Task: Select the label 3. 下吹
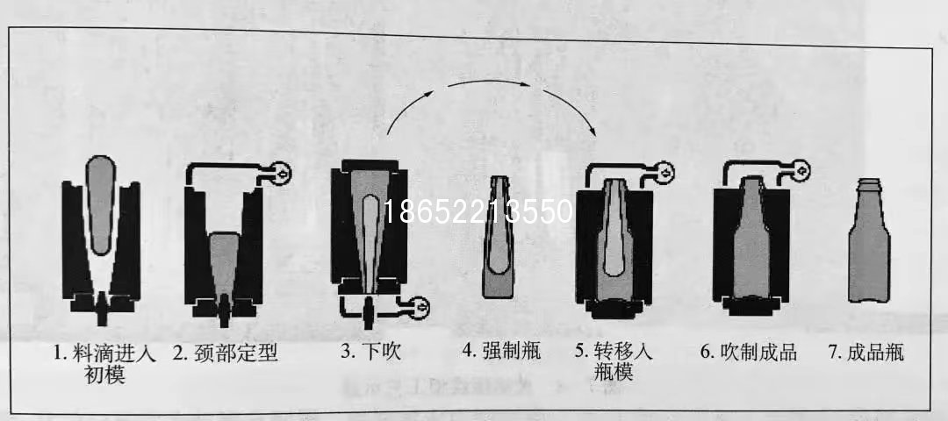[x=370, y=352]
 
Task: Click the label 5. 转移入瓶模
[x=614, y=361]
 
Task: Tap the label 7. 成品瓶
[x=866, y=353]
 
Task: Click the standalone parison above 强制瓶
[x=498, y=237]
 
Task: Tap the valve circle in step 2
[x=280, y=174]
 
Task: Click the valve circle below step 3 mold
[x=419, y=308]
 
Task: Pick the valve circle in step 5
[x=664, y=174]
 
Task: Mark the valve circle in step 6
[x=800, y=171]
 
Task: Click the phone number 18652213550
[x=478, y=211]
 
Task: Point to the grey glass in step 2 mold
[x=223, y=266]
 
